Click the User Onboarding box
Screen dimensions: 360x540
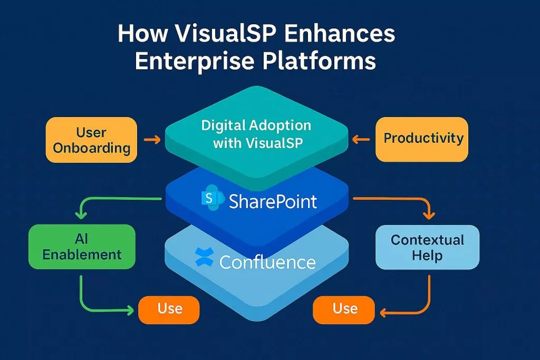point(92,140)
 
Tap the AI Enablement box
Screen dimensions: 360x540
point(82,247)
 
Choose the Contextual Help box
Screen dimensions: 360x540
point(427,247)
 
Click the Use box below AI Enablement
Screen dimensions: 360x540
point(169,308)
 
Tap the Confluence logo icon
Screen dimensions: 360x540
point(204,258)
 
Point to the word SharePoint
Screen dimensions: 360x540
point(273,201)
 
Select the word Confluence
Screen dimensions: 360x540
point(267,261)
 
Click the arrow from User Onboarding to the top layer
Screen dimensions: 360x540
point(152,140)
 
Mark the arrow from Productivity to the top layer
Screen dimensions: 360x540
point(361,140)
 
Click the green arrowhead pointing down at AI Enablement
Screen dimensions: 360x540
point(81,215)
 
